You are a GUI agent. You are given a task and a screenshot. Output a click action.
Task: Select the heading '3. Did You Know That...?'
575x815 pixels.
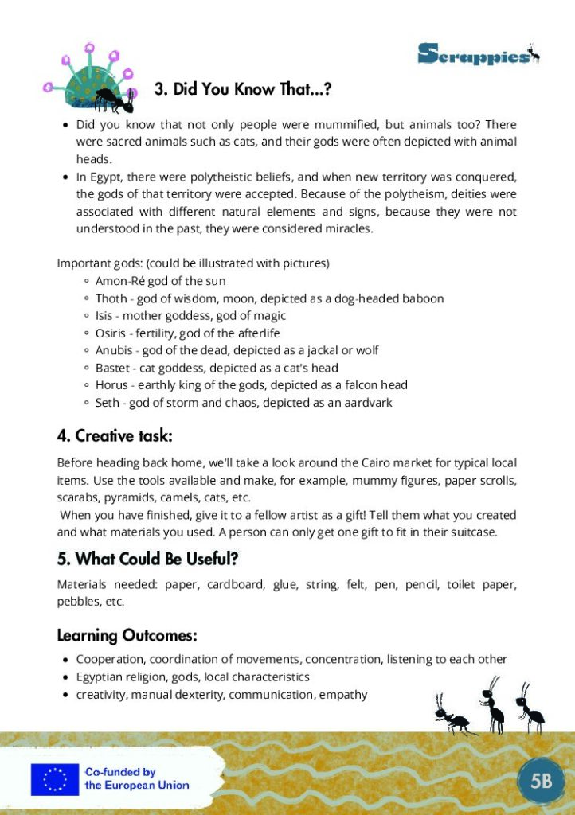(x=242, y=89)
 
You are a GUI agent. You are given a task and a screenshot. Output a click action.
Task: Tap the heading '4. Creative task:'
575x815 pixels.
(x=115, y=436)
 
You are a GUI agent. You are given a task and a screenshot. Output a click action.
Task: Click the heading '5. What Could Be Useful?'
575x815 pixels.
(x=148, y=559)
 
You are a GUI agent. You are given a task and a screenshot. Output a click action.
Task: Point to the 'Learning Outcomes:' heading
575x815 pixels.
(x=127, y=635)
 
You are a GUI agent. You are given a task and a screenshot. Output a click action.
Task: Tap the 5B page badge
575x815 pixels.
(x=541, y=780)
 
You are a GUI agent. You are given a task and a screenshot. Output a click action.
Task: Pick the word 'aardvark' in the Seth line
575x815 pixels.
(x=367, y=403)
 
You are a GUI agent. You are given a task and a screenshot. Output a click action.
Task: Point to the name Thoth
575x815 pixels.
(x=111, y=298)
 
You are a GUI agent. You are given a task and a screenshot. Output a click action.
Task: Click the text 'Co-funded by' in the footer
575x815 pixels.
(x=120, y=772)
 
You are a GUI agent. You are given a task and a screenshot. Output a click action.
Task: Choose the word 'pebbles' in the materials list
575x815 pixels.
(x=78, y=602)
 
